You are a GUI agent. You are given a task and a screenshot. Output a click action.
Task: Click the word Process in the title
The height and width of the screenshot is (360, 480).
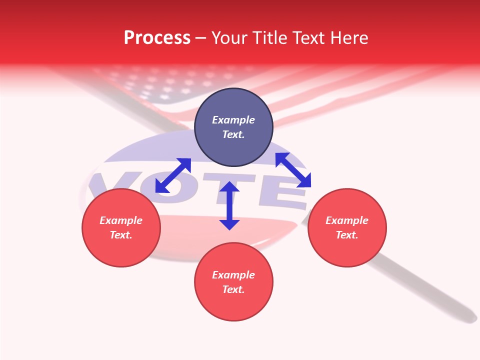click(157, 38)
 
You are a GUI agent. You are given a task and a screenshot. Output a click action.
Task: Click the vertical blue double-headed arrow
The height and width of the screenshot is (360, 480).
click(229, 205)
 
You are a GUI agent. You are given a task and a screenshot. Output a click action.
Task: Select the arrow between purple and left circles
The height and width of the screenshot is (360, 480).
click(173, 175)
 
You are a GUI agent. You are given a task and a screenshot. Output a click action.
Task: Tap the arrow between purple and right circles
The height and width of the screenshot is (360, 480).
click(293, 170)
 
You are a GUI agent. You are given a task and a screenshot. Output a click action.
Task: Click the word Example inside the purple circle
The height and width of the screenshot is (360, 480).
click(233, 120)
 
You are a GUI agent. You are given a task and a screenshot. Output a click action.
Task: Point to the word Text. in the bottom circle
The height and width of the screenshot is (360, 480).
click(233, 289)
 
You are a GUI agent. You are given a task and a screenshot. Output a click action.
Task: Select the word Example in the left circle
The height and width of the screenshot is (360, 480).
click(121, 220)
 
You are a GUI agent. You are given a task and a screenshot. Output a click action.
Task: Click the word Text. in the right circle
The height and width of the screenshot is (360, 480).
click(347, 235)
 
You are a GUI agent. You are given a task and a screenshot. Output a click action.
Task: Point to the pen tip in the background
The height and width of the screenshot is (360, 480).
click(470, 317)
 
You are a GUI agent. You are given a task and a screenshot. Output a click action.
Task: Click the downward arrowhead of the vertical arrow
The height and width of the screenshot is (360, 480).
click(229, 224)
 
